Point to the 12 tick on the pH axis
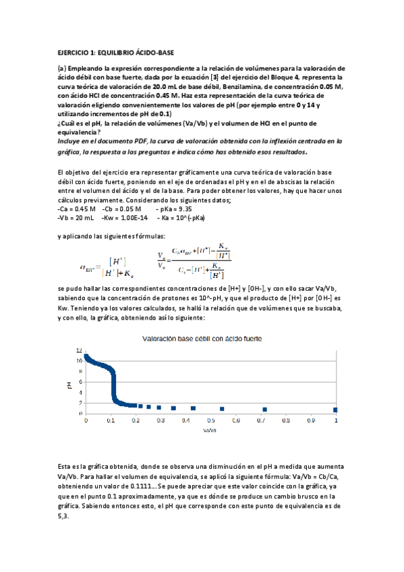(x=79, y=350)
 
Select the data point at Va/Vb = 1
(x=335, y=410)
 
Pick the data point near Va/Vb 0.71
(x=265, y=409)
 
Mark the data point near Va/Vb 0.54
(x=222, y=409)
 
